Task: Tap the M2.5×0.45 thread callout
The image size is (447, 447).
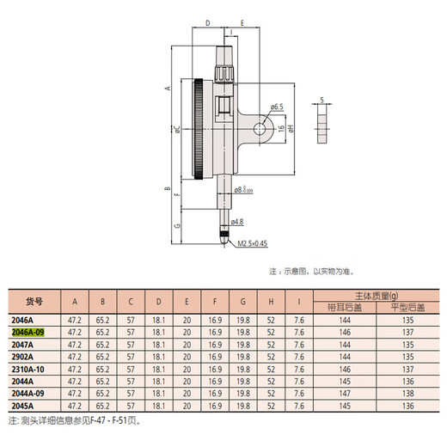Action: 255,243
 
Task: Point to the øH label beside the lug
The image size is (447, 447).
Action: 291,127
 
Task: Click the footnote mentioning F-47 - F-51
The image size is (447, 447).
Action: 77,421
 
